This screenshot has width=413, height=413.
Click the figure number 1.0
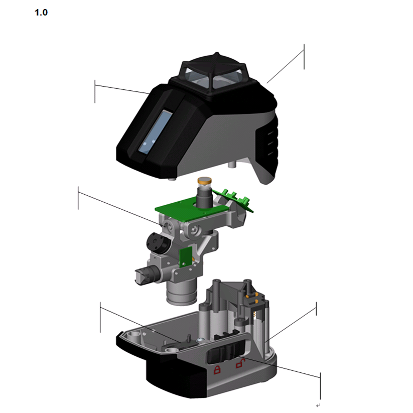click(41, 13)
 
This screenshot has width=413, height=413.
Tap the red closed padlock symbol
click(217, 369)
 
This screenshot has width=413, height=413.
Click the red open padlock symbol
click(240, 363)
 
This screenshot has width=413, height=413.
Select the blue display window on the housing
click(156, 131)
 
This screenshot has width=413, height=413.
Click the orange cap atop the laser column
click(204, 181)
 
